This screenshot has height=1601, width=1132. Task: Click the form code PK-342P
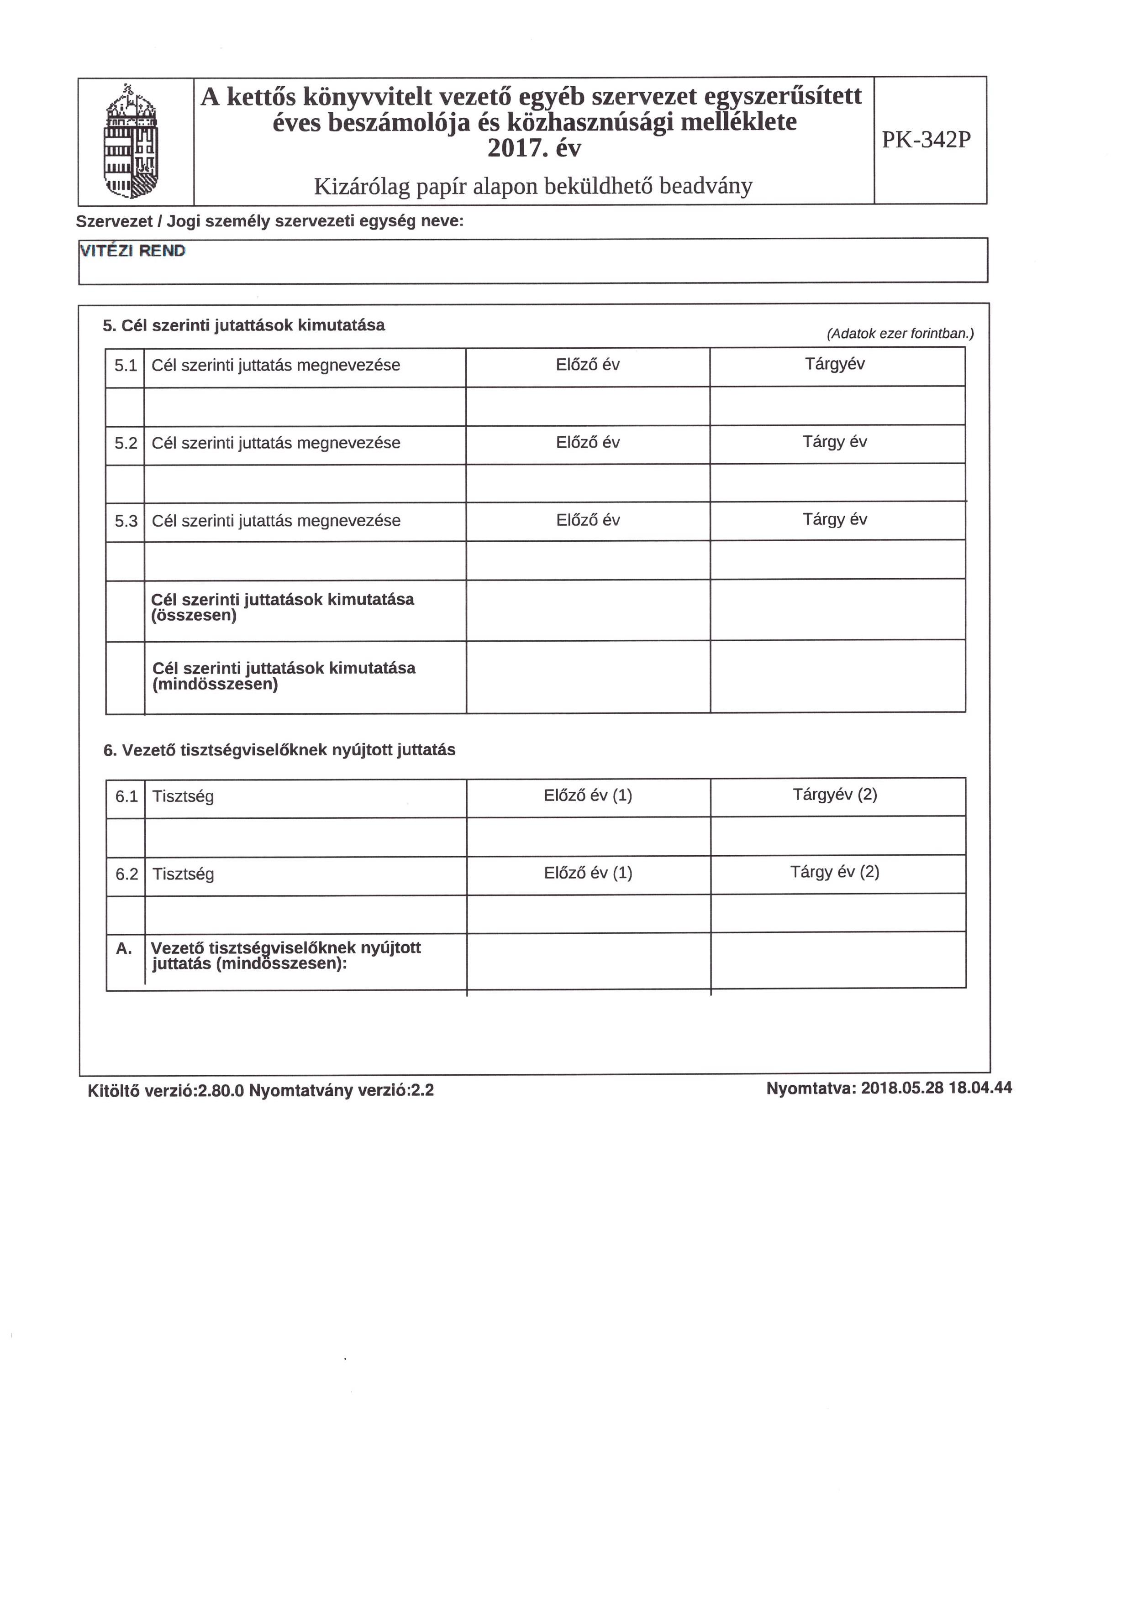(926, 140)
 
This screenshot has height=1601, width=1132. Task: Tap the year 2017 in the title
(516, 148)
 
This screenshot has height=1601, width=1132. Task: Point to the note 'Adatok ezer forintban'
(900, 334)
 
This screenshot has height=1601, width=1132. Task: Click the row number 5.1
(126, 366)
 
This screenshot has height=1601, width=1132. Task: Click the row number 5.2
(126, 444)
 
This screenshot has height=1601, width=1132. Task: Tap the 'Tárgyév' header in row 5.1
(834, 364)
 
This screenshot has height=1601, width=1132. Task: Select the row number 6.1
(126, 796)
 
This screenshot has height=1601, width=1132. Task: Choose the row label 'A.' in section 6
(124, 948)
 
